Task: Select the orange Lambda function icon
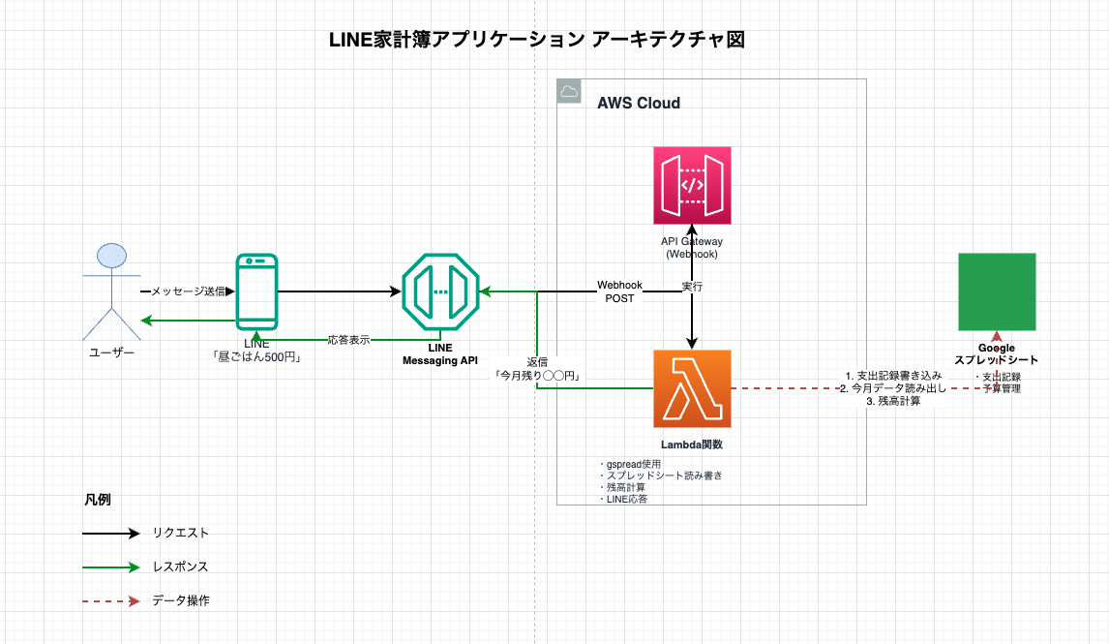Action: point(692,388)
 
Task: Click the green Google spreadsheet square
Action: point(997,291)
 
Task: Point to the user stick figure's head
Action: point(112,257)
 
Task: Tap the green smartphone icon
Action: point(256,291)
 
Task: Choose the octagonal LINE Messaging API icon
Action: point(440,291)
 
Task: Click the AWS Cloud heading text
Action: point(639,104)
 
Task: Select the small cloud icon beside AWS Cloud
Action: point(569,92)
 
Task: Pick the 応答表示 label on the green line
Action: point(348,340)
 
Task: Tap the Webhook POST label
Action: point(619,291)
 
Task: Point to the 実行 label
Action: point(692,288)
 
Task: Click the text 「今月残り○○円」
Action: point(537,375)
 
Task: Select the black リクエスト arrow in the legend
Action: point(111,533)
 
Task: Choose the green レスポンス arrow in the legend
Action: point(111,567)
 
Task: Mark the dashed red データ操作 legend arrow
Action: point(111,600)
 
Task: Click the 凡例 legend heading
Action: point(97,501)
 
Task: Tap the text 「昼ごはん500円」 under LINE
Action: point(257,356)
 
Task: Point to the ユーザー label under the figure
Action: point(112,353)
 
